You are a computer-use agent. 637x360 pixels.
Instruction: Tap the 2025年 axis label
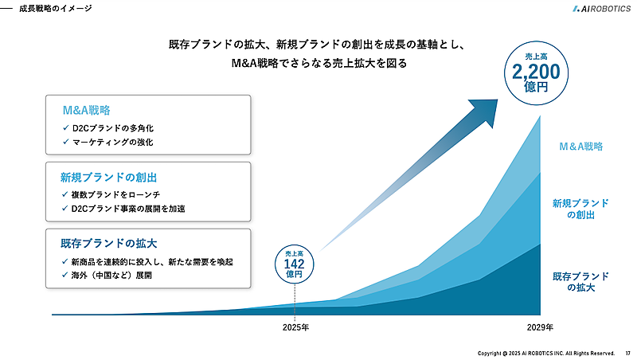(295, 327)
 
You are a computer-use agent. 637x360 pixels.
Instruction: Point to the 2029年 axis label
(540, 327)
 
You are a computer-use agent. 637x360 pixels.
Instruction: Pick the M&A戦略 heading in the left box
(91, 110)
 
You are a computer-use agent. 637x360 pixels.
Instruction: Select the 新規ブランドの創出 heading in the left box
(107, 176)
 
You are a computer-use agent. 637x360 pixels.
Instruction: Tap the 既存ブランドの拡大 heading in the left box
(107, 242)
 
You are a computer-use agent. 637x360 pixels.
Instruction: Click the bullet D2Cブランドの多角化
(111, 127)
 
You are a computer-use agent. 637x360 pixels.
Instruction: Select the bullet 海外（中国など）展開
(110, 276)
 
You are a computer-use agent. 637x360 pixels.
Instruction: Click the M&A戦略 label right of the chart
(580, 147)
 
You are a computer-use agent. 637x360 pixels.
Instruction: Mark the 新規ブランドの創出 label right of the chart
(581, 209)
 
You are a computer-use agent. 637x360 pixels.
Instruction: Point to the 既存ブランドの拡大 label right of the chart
(581, 282)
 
